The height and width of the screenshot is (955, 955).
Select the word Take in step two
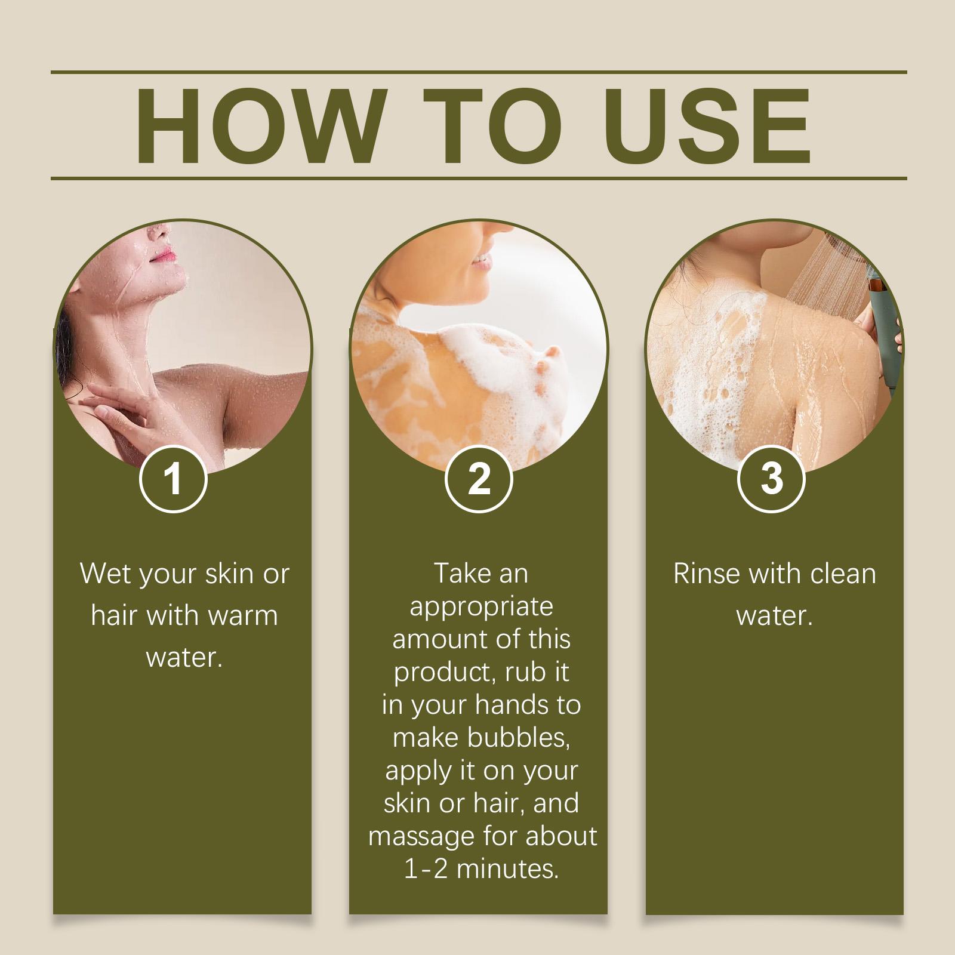(460, 574)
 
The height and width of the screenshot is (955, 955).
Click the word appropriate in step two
(481, 608)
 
